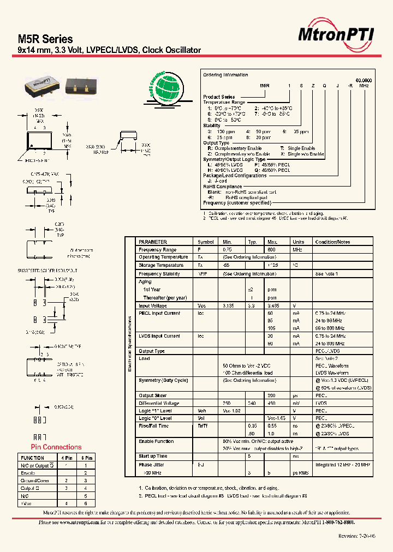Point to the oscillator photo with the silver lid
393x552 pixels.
pyautogui.click(x=43, y=84)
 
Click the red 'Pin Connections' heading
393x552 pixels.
pyautogui.click(x=55, y=447)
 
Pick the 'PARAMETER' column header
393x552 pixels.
pyautogui.click(x=153, y=242)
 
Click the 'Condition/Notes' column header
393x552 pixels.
pyautogui.click(x=332, y=242)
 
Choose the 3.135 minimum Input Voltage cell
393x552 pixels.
pyautogui.click(x=229, y=306)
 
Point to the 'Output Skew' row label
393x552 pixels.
pyautogui.click(x=152, y=395)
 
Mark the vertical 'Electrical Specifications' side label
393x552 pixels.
pyautogui.click(x=130, y=344)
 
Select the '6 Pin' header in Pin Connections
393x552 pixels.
pyautogui.click(x=86, y=458)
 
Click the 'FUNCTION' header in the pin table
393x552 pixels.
pyautogui.click(x=32, y=458)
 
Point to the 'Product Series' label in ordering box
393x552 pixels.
pyautogui.click(x=219, y=97)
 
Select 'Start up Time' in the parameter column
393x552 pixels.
pyautogui.click(x=153, y=456)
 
